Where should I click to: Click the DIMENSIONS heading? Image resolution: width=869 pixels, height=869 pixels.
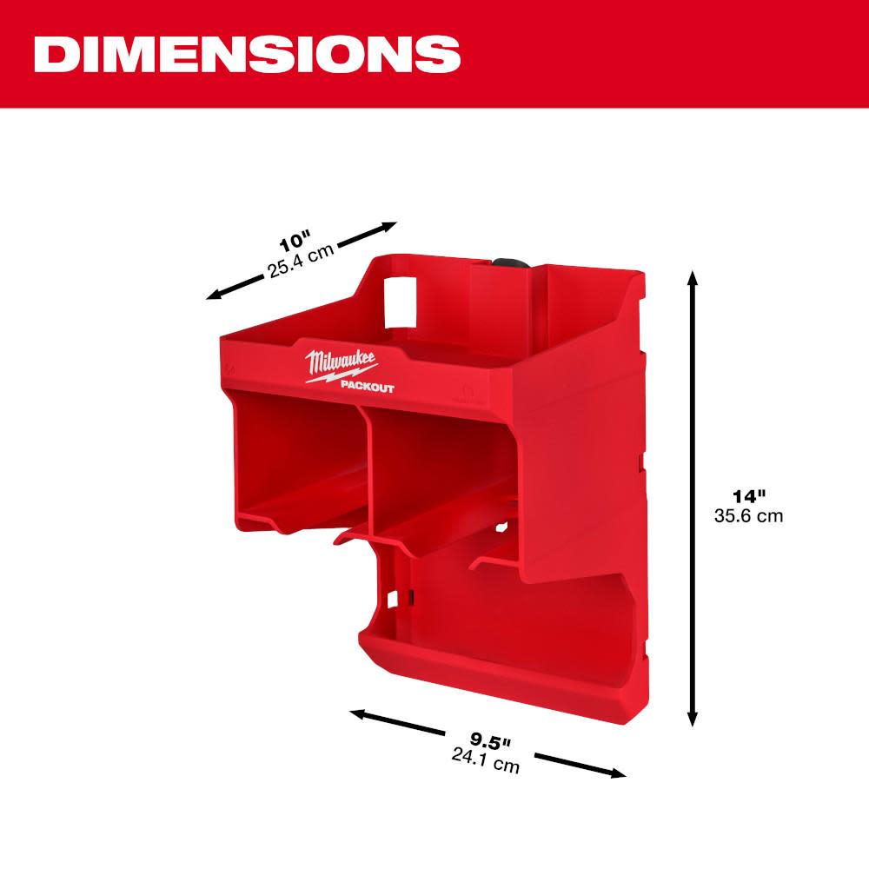point(248,54)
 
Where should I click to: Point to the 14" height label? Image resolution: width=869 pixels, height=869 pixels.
point(748,497)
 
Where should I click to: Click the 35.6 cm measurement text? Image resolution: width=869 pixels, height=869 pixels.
point(748,515)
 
